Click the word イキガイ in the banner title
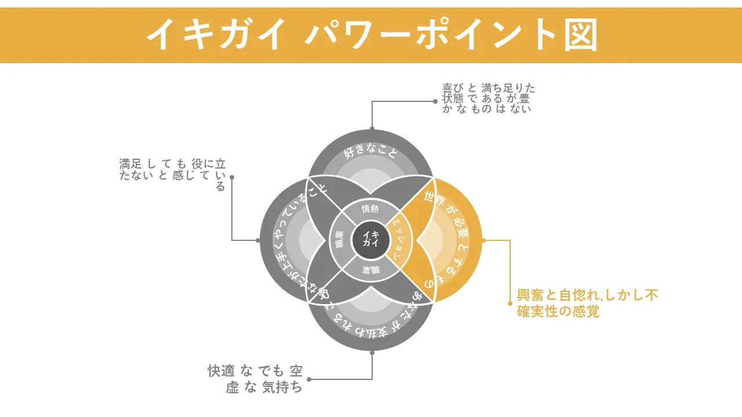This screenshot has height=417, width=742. (x=216, y=35)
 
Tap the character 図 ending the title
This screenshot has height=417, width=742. (x=579, y=35)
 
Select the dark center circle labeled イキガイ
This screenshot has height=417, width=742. (x=370, y=239)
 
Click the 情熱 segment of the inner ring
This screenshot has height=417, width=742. (x=370, y=209)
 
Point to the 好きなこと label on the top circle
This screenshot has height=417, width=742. (x=370, y=153)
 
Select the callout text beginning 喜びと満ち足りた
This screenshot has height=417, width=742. (x=488, y=98)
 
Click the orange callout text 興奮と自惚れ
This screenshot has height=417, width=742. (x=587, y=303)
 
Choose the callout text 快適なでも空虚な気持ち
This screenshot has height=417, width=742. (x=256, y=379)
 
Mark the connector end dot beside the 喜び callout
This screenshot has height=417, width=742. (x=435, y=101)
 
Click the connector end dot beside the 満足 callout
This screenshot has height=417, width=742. (x=232, y=177)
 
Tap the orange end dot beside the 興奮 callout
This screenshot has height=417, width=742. (x=510, y=303)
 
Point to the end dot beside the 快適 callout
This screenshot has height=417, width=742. (x=309, y=379)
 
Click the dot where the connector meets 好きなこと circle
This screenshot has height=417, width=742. (x=372, y=129)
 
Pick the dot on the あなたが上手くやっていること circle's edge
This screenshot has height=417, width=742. (x=259, y=240)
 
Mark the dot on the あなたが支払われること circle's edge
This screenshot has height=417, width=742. (x=372, y=352)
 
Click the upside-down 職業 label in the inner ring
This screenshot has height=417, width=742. (x=370, y=269)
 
